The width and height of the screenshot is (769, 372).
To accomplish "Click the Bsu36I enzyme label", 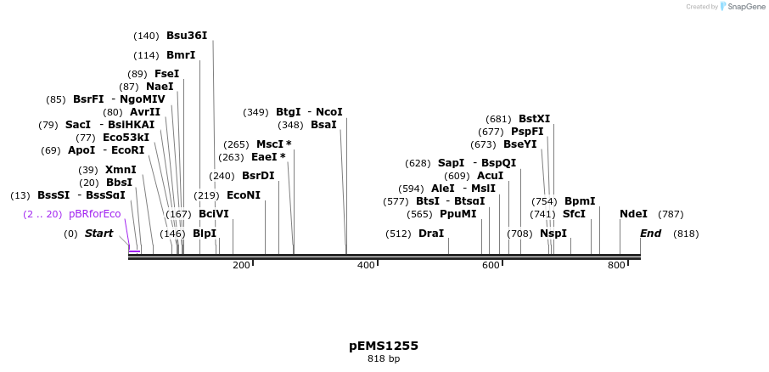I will pyautogui.click(x=187, y=36).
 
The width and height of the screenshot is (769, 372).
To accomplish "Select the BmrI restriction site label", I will pyautogui.click(x=181, y=55).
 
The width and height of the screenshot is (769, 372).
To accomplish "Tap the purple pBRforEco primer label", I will pyautogui.click(x=94, y=214).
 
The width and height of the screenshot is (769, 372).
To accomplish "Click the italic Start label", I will pyautogui.click(x=98, y=234).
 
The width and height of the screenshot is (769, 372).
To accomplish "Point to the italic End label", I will pyautogui.click(x=650, y=234).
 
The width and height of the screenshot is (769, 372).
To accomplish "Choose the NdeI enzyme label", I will pyautogui.click(x=633, y=214).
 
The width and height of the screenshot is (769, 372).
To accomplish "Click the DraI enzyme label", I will pyautogui.click(x=431, y=234).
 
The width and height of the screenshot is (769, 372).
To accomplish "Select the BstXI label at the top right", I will pyautogui.click(x=534, y=119).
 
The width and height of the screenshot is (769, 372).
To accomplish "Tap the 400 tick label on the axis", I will pyautogui.click(x=366, y=266).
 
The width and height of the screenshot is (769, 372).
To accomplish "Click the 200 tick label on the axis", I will pyautogui.click(x=241, y=266).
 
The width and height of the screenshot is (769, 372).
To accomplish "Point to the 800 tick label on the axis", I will pyautogui.click(x=616, y=266).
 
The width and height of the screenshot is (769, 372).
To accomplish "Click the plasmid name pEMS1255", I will pyautogui.click(x=384, y=346).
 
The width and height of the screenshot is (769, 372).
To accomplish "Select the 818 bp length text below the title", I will pyautogui.click(x=384, y=359).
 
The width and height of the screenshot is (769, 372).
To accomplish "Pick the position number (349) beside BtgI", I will pyautogui.click(x=255, y=112).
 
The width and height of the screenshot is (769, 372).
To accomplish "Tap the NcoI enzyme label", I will pyautogui.click(x=329, y=112).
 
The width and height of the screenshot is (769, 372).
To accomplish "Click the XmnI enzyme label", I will pyautogui.click(x=121, y=170).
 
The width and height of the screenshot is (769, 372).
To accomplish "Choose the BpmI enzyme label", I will pyautogui.click(x=580, y=201).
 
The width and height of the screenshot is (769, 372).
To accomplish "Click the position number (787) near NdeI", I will pyautogui.click(x=671, y=214).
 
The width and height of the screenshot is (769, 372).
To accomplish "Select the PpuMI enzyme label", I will pyautogui.click(x=458, y=214).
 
